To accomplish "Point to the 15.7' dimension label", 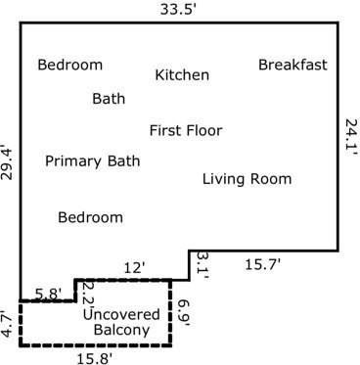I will coord(262,264).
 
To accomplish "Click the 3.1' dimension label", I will coord(202,261).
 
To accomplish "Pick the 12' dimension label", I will coord(134,267).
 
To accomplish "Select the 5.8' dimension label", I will coord(48,292).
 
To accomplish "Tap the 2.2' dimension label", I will coord(87,291).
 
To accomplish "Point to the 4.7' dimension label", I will coord(8,324).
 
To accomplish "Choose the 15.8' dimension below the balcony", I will coord(93,357).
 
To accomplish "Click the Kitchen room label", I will coord(182,75).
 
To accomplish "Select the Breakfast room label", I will coord(292,66).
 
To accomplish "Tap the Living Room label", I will coord(247,179).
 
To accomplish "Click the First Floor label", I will coord(186,131).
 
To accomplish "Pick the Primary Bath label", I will coord(93,161).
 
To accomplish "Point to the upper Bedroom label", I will coord(70,66).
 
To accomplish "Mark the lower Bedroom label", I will coord(91,217).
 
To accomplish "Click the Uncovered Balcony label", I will coord(121,323).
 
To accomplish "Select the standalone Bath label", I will coord(109,99).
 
